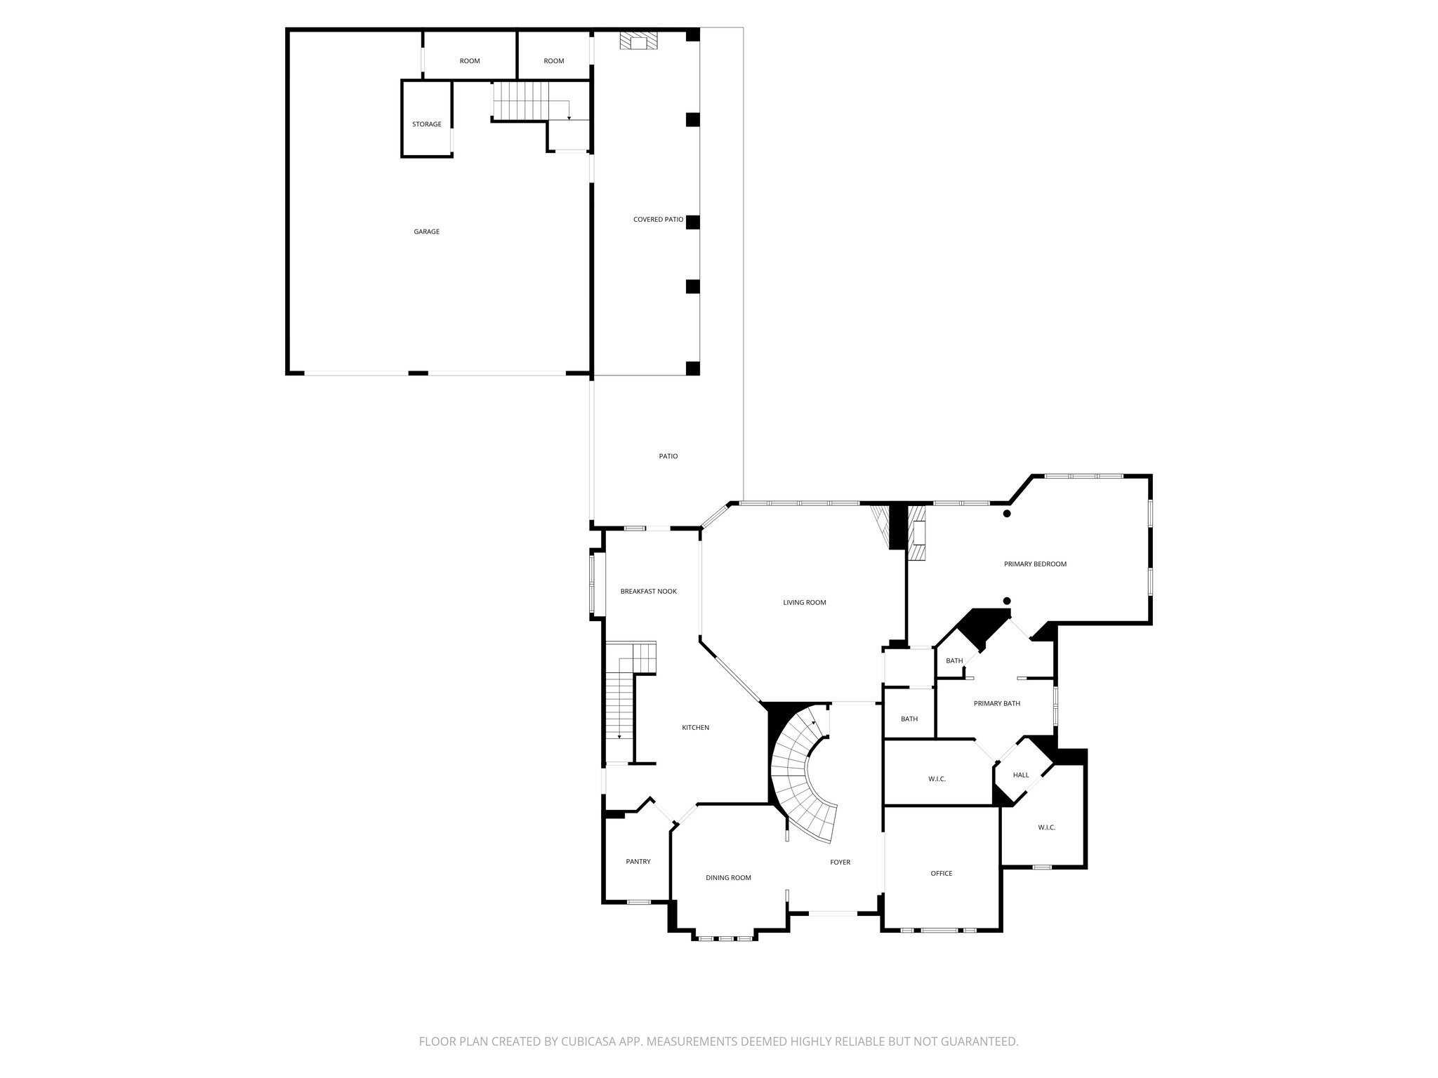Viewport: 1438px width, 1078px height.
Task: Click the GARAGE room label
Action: click(x=426, y=232)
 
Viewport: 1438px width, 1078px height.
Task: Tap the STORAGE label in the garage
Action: click(x=426, y=124)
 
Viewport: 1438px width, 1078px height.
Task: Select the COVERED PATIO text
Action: click(x=658, y=220)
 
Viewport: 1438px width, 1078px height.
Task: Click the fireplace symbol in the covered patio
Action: click(x=638, y=43)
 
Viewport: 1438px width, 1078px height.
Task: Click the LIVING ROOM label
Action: click(x=805, y=602)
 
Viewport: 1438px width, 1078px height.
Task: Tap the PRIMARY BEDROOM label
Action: click(x=1035, y=564)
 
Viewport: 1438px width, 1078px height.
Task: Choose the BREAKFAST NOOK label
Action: click(x=648, y=592)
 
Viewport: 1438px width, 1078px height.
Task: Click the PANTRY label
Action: click(x=638, y=862)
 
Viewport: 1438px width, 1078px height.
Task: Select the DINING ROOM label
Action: click(x=728, y=878)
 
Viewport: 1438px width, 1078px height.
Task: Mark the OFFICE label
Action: click(x=941, y=874)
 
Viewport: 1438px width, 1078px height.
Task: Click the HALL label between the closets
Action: click(x=1021, y=776)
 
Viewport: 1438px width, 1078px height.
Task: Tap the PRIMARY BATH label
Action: click(x=996, y=703)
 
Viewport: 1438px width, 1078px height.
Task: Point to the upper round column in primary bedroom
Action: click(x=1007, y=514)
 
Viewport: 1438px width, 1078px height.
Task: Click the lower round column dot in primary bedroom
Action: click(x=1007, y=601)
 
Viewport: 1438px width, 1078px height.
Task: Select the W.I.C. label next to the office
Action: click(x=937, y=779)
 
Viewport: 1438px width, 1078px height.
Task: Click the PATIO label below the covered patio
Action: click(x=668, y=456)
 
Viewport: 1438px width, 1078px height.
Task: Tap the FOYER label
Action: click(x=840, y=863)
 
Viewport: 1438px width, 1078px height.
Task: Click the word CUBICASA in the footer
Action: click(x=588, y=1042)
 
